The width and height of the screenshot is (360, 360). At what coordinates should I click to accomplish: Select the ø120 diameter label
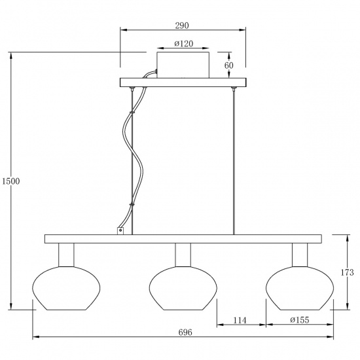[x=183, y=45]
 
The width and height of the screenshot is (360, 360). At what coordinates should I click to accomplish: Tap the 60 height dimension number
[x=228, y=65]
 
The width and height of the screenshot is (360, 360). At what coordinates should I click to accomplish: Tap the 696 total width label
[x=185, y=333]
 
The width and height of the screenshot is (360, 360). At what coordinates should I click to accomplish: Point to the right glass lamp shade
[x=298, y=287]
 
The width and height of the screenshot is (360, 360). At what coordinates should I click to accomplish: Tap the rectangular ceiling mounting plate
[x=183, y=82]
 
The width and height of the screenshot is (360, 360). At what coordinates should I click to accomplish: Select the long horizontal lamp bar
[x=183, y=239]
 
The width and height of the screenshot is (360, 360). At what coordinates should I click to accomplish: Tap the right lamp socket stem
[x=298, y=254]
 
